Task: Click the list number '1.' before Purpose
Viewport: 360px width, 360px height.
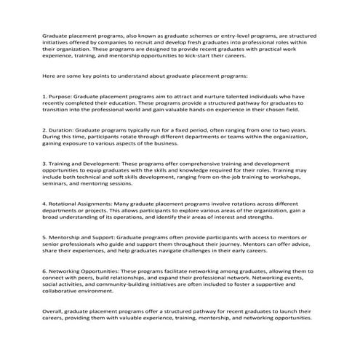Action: tap(46, 96)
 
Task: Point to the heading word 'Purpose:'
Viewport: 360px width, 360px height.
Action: tap(64, 96)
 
